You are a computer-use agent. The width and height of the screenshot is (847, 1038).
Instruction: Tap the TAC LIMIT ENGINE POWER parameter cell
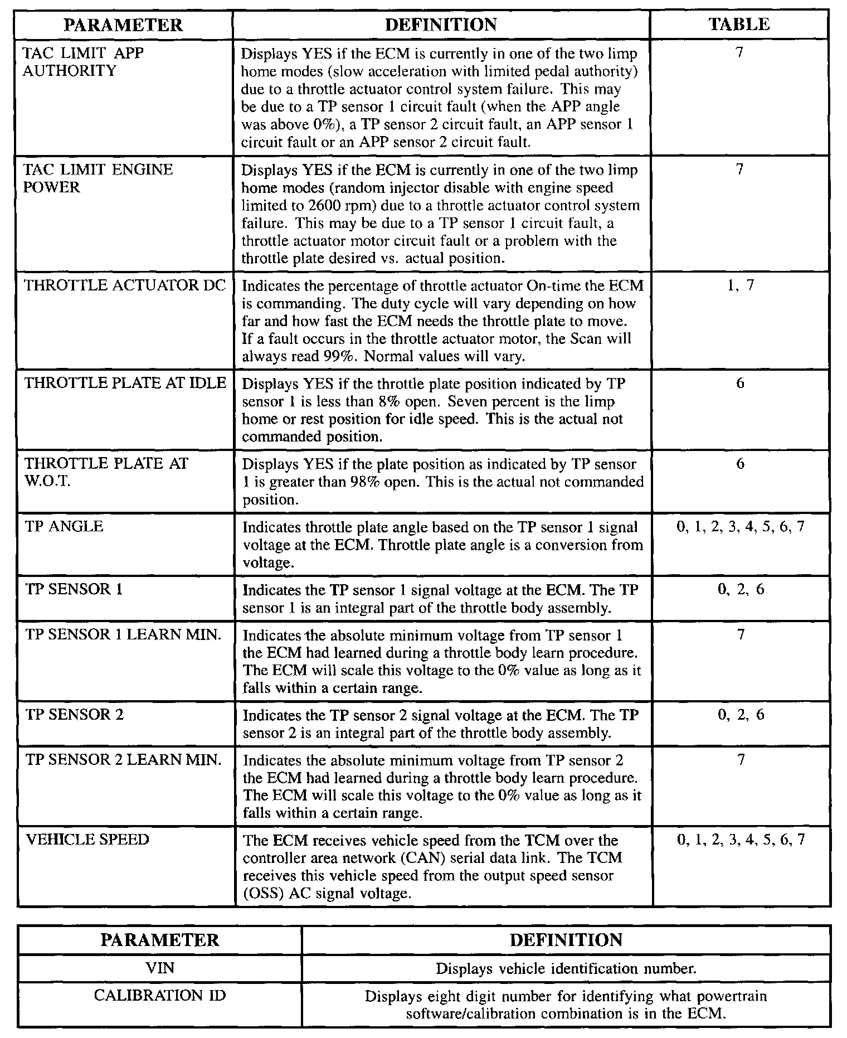coord(98,178)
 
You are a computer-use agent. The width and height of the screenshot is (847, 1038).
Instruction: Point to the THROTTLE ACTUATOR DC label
coord(125,285)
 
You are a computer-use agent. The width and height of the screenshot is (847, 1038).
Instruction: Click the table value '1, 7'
coord(740,285)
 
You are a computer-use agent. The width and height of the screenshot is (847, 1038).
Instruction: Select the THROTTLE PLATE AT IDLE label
coord(125,384)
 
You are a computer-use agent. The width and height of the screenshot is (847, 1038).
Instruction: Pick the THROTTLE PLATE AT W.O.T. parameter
coord(106,472)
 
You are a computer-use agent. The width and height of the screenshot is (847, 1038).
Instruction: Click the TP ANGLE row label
coord(64,527)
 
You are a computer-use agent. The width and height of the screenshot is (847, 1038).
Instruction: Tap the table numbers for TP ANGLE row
coord(740,527)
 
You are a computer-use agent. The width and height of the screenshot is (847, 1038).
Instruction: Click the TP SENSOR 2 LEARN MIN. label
coord(123,760)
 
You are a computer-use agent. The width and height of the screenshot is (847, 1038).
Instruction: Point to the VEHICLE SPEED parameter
coord(87,840)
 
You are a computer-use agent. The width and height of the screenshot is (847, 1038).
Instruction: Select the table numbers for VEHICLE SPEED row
coord(740,840)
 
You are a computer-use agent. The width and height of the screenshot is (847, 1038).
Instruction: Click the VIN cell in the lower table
coord(159,969)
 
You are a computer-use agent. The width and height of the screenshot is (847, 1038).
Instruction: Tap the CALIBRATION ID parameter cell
coord(159,996)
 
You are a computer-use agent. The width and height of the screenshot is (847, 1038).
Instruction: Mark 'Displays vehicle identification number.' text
coord(566,969)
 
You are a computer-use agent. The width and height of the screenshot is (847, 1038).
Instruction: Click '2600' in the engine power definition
coord(310,206)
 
